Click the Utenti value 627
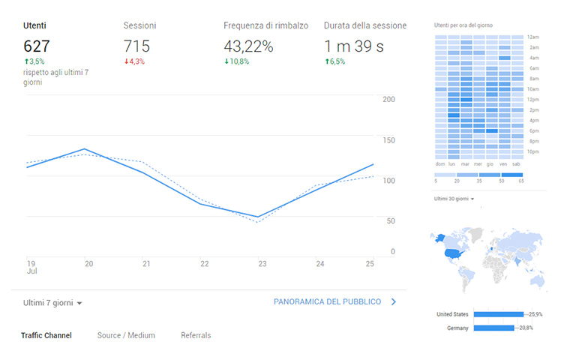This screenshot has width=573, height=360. pos(38,46)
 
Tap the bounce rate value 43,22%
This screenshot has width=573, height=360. pos(248,46)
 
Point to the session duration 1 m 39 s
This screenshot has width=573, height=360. pos(354,46)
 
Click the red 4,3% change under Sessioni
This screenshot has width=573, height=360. pos(135,61)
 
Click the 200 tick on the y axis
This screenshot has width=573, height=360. pos(388,99)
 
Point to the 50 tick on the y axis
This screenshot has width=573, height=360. pos(388,220)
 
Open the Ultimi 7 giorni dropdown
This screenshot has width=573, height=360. pos(52,302)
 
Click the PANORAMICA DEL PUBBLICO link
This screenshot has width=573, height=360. pos(327,301)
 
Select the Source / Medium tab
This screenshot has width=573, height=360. pos(126,335)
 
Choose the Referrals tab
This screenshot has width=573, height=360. pos(196,335)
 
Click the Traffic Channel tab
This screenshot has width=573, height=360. pos(46,335)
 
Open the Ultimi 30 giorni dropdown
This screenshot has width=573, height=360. pos(454,198)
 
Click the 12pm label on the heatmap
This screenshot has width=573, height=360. pos(533,100)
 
